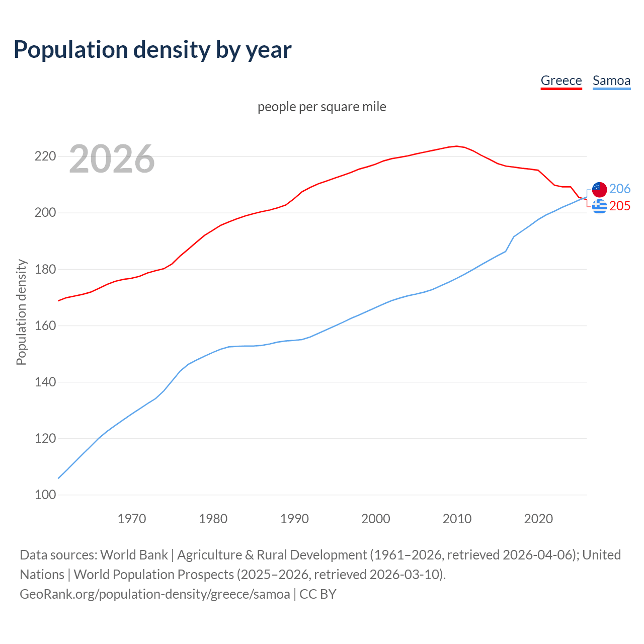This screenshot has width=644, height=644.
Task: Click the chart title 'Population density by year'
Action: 152,49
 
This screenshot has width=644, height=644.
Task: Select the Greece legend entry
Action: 561,80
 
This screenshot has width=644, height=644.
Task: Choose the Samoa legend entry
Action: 611,80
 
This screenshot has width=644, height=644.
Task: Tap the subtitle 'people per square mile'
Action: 321,107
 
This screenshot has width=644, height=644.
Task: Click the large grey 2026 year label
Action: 112,159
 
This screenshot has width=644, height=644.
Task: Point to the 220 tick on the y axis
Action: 45,156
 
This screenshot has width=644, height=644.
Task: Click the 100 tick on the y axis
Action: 45,495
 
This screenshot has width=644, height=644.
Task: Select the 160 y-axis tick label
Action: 45,326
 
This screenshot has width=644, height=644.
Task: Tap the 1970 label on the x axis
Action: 132,519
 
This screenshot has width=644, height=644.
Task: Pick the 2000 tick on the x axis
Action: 376,519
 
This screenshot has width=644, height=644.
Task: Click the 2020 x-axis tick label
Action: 538,519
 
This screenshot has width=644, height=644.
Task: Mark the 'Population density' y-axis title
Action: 21,312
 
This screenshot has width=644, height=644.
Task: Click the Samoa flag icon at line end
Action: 599,190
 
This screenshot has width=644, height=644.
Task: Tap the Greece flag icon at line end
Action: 599,206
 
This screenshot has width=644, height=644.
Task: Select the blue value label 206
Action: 620,189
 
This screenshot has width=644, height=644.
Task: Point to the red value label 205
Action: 620,206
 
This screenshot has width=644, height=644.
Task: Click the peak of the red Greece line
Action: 456,146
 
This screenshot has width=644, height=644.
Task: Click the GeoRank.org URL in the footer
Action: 155,594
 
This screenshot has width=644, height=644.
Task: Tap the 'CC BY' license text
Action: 318,594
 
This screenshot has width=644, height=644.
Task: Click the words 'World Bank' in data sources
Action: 134,555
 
